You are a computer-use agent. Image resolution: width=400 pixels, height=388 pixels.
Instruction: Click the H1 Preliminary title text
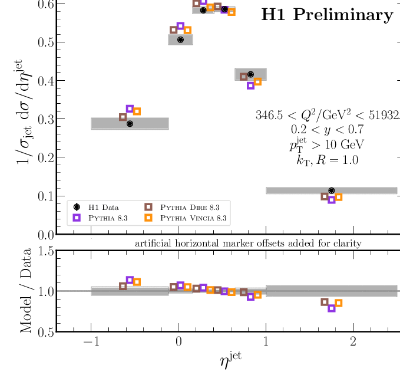[x=327, y=15]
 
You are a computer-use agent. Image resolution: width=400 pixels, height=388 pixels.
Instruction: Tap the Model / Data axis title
[x=26, y=291]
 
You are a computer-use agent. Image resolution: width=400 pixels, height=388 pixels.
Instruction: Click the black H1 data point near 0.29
[x=130, y=124]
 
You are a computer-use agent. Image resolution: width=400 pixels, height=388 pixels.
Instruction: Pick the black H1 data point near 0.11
[x=332, y=190]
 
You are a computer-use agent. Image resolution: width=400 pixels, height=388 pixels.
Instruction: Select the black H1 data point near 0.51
[x=180, y=40]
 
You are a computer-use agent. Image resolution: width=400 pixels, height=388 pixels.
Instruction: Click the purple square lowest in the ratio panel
[x=332, y=308]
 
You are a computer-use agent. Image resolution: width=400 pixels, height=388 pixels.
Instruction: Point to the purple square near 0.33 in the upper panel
[x=130, y=108]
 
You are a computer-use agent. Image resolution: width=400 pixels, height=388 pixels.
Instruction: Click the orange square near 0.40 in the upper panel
[x=257, y=82]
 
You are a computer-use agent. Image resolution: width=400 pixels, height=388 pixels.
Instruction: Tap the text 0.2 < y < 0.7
[x=327, y=129]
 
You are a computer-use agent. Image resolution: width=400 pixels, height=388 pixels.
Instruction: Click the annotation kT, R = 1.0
[x=327, y=159]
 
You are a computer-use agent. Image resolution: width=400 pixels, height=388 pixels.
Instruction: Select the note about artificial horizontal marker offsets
[x=248, y=243]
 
